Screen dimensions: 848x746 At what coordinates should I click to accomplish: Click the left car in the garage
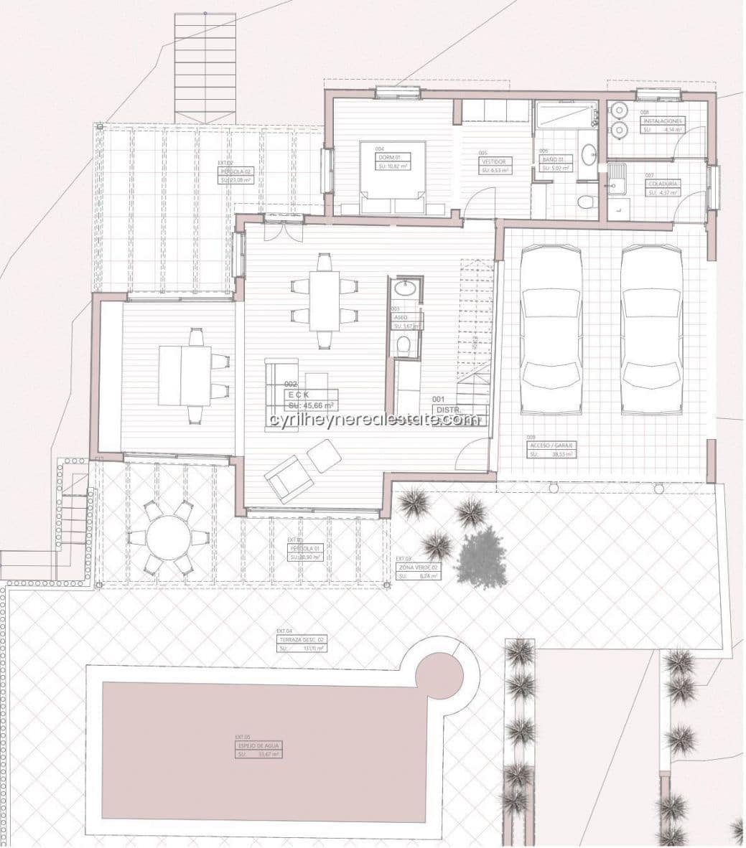click(550, 331)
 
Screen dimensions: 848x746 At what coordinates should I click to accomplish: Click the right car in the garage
click(651, 331)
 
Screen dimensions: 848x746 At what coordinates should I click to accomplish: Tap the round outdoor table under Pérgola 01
click(168, 537)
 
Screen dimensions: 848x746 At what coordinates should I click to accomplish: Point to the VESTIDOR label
click(494, 162)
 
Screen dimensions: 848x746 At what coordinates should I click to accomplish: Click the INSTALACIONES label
click(661, 121)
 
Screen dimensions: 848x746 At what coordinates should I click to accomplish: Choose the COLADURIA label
click(663, 184)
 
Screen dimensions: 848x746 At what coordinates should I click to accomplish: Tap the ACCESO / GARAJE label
click(550, 445)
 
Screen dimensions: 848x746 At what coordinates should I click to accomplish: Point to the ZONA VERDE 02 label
click(418, 567)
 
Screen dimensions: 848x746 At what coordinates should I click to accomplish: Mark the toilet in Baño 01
click(587, 199)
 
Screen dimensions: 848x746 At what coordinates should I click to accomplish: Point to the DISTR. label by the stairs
click(444, 410)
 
